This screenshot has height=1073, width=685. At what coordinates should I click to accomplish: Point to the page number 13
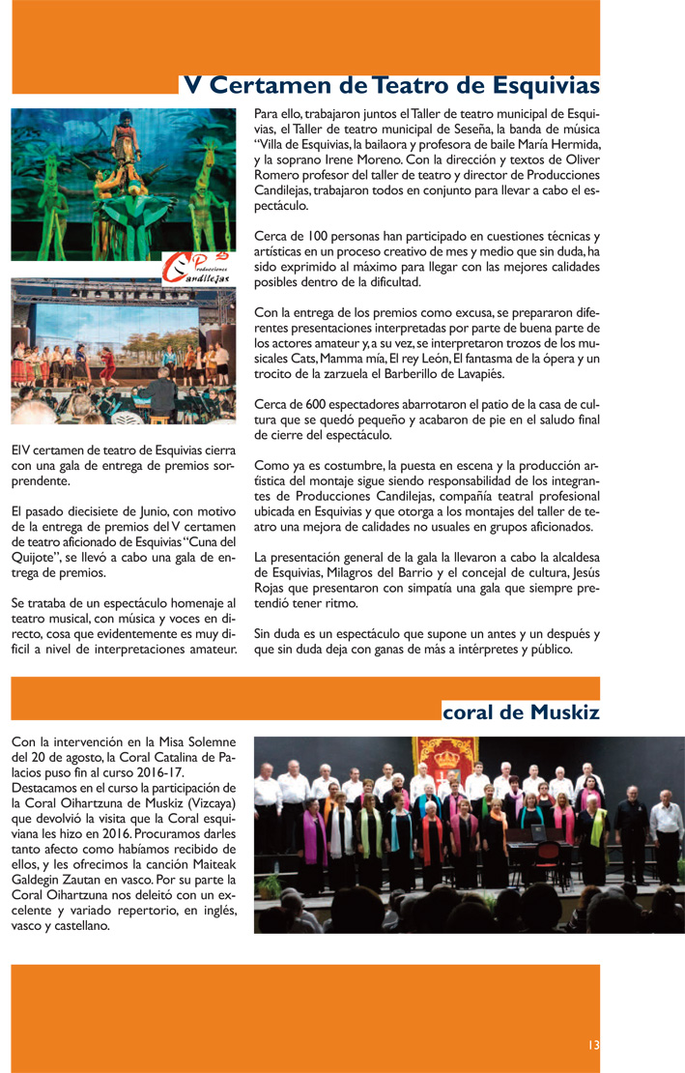(x=593, y=1045)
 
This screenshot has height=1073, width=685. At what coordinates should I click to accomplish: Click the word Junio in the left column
(x=147, y=511)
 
